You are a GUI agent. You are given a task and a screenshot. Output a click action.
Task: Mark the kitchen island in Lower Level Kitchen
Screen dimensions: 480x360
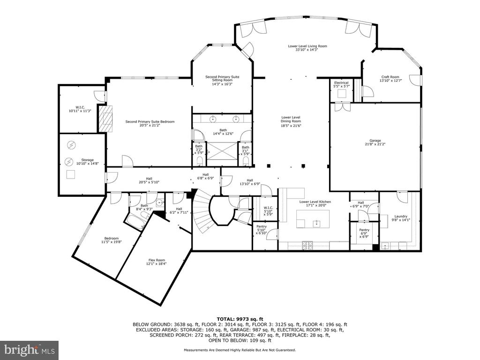tap(313, 219)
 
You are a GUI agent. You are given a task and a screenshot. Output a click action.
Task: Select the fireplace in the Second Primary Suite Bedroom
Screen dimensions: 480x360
tap(105, 119)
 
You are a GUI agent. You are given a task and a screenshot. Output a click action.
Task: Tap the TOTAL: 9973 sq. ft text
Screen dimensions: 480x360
tap(240, 319)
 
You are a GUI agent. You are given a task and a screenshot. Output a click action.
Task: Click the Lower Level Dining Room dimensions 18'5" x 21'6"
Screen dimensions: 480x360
tap(291, 125)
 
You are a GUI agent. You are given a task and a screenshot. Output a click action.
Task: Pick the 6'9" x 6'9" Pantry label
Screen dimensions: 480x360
tap(364, 233)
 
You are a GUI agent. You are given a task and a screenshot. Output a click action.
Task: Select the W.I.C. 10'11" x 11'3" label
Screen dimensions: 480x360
tap(80, 109)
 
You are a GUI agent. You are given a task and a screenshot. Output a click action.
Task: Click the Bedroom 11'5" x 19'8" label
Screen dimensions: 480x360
tap(112, 240)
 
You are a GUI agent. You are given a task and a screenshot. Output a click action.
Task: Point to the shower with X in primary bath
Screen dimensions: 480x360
tap(222, 151)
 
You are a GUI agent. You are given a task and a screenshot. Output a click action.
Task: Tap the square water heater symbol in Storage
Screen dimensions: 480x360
tap(71, 174)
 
